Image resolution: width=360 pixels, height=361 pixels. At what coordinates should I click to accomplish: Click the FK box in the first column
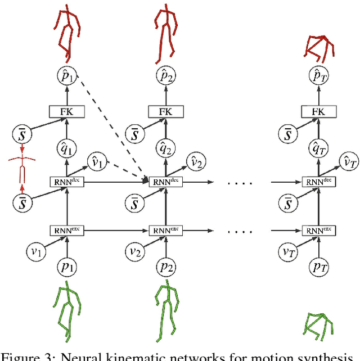(67, 112)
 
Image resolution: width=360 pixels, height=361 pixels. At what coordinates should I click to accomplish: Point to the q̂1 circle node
(67, 149)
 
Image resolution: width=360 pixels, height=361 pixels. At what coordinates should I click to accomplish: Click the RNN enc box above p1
(67, 230)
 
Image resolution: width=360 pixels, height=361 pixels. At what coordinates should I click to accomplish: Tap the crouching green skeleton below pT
(318, 326)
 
